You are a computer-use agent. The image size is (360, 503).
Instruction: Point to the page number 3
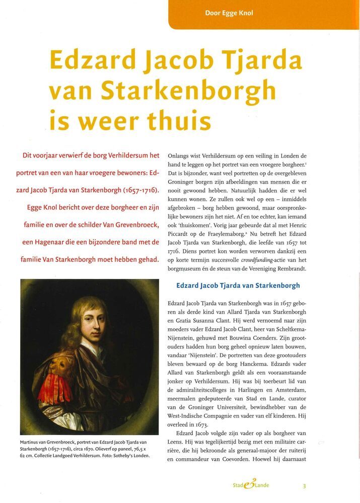[304, 486]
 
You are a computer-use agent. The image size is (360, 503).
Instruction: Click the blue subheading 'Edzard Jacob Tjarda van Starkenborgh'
[238, 285]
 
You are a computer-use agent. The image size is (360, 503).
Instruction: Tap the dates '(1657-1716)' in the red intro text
[134, 191]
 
